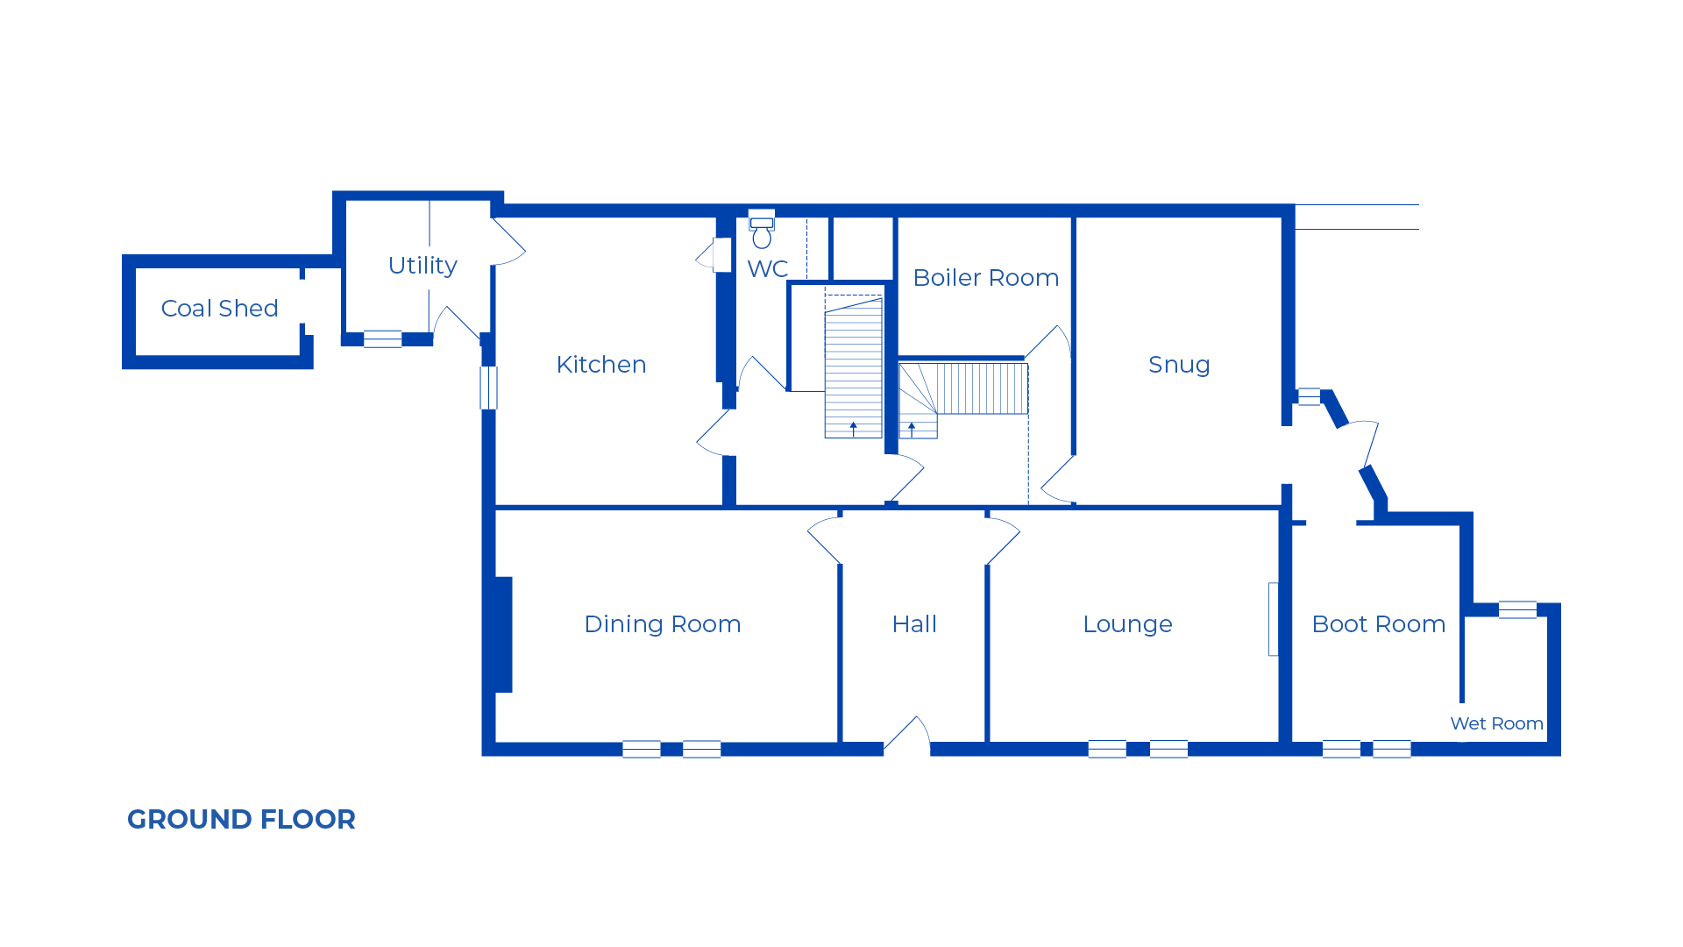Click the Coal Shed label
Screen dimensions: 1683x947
click(x=219, y=309)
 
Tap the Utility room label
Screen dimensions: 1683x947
click(x=423, y=266)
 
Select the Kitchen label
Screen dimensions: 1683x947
click(x=601, y=365)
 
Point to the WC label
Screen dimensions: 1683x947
click(x=768, y=269)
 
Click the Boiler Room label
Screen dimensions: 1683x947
click(x=986, y=278)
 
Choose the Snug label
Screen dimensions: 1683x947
click(x=1180, y=365)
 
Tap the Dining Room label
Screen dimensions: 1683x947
click(x=663, y=624)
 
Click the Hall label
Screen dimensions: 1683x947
click(x=914, y=624)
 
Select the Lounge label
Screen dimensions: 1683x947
click(x=1127, y=624)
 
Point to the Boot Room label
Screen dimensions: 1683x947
click(x=1379, y=624)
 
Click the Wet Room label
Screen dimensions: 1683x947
click(x=1496, y=723)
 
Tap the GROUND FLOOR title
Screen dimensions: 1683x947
click(x=241, y=819)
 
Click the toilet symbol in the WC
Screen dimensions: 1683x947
click(x=762, y=230)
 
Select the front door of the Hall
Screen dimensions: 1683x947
click(x=907, y=735)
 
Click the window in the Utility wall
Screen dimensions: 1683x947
click(x=383, y=338)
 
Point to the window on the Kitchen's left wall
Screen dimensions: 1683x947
click(x=489, y=388)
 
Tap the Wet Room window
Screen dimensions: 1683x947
click(x=1517, y=609)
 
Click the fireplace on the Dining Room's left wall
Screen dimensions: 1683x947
click(x=503, y=635)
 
